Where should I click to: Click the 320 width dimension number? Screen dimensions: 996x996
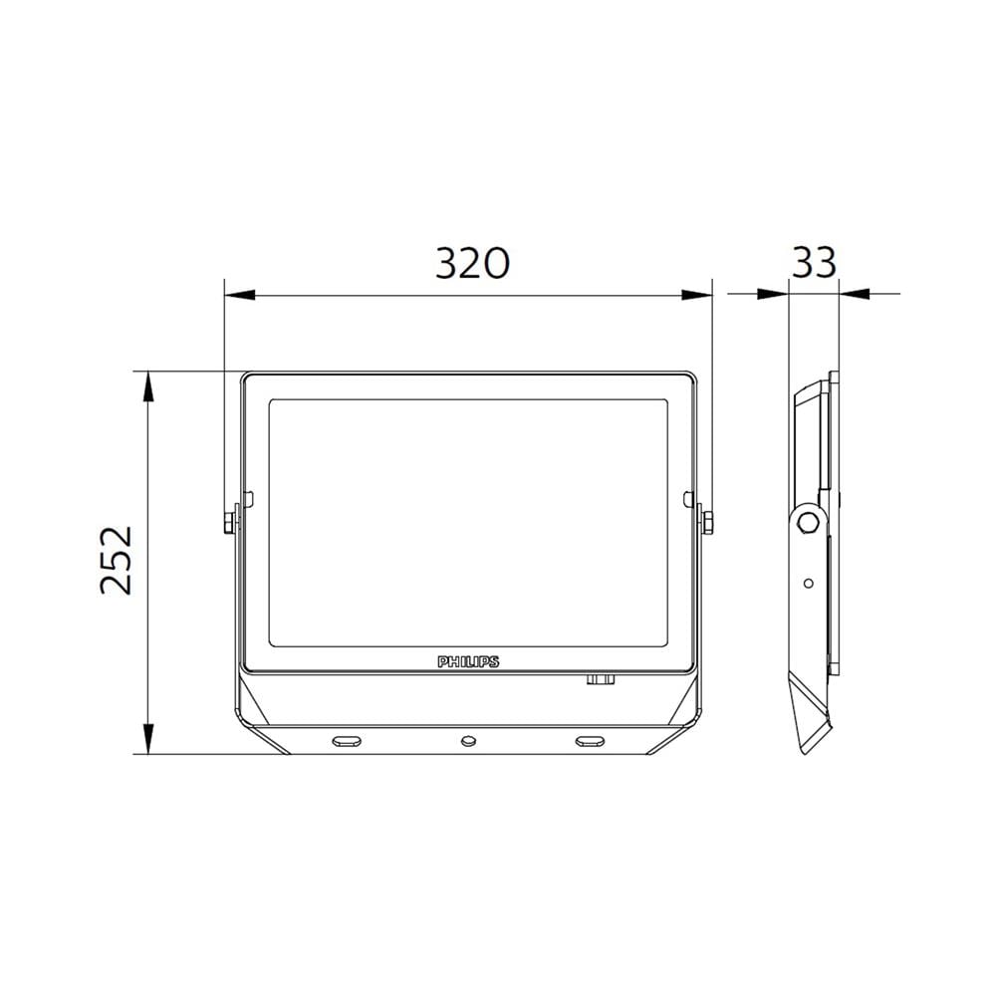coord(472,263)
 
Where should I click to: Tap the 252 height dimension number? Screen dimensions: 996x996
coord(117,560)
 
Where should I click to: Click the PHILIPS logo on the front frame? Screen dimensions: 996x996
coord(468,662)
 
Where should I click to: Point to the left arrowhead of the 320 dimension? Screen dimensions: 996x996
coord(240,295)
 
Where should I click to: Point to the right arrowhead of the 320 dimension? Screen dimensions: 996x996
coord(696,295)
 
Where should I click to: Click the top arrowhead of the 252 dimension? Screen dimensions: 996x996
coord(147,386)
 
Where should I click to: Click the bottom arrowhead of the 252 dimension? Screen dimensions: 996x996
coord(147,739)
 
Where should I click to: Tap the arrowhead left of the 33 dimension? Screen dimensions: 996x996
coord(773,294)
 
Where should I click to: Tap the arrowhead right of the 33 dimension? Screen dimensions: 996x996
coord(855,294)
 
